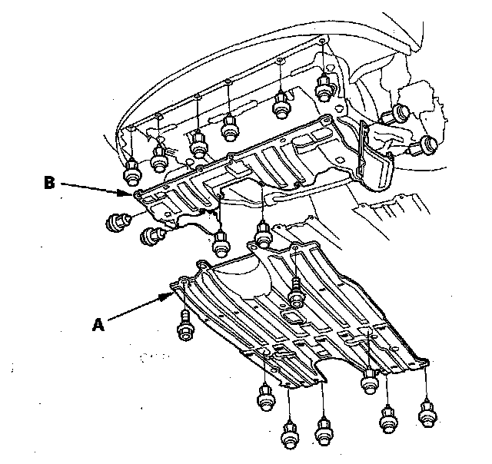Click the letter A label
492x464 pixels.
coord(98,324)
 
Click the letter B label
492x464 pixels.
coord(49,183)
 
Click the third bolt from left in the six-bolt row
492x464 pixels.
coord(198,143)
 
